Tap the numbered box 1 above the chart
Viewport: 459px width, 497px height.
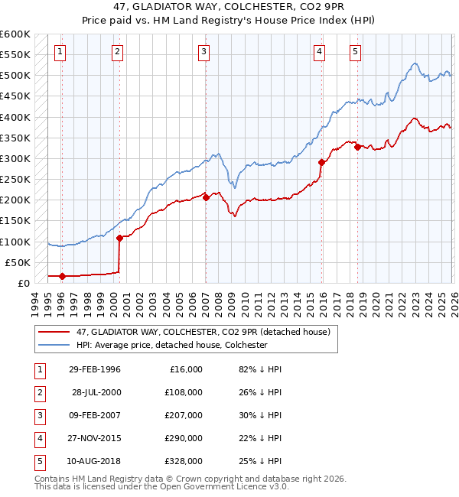(60, 52)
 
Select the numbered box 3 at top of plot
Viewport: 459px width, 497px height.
(204, 52)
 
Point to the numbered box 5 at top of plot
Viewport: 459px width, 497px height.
(356, 52)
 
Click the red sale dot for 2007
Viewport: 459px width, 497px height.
(206, 197)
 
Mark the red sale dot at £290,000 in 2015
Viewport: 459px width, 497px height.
(321, 162)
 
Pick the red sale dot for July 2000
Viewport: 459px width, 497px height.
(119, 238)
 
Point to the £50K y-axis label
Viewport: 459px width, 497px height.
(18, 262)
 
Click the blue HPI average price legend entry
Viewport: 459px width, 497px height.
(171, 346)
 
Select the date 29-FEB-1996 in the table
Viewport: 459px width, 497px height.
(95, 369)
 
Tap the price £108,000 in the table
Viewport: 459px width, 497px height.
(184, 392)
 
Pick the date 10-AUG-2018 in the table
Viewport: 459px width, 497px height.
(95, 461)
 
